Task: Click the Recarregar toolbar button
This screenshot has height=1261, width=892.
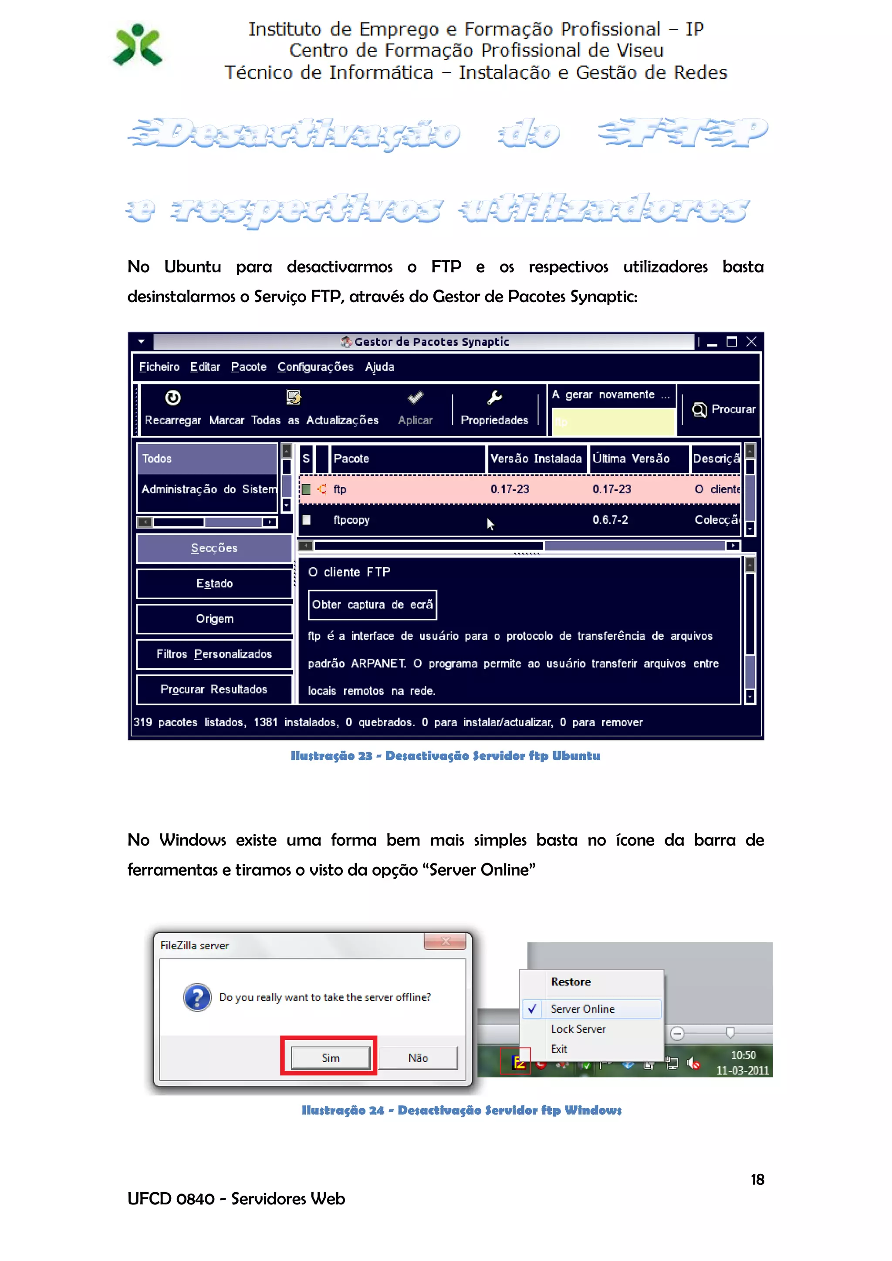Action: pos(173,408)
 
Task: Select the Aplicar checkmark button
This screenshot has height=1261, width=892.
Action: pos(415,408)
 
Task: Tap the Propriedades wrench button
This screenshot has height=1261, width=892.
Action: pos(494,408)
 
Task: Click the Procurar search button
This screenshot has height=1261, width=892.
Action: pos(724,410)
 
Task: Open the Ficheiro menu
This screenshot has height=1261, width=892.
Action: pos(159,367)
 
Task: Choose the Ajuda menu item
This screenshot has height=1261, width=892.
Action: pos(379,367)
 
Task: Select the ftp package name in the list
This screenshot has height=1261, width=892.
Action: pos(340,489)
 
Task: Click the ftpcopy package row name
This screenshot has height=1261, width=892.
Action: pos(351,520)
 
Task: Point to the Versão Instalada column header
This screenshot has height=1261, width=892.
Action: pos(536,459)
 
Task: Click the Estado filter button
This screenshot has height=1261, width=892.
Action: pos(214,584)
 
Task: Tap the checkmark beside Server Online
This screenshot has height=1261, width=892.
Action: pos(532,1009)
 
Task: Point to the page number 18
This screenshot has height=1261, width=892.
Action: pos(757,1180)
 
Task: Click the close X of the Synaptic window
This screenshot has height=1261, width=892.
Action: pos(751,342)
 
